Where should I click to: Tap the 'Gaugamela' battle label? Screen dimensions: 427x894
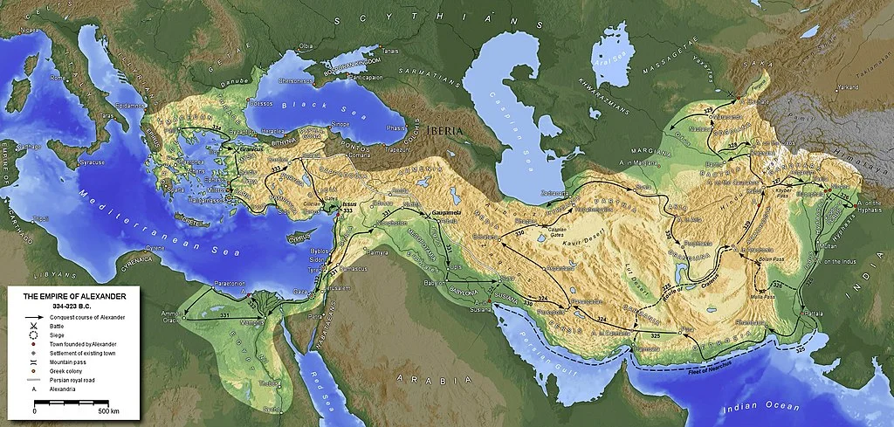tap(448, 213)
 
